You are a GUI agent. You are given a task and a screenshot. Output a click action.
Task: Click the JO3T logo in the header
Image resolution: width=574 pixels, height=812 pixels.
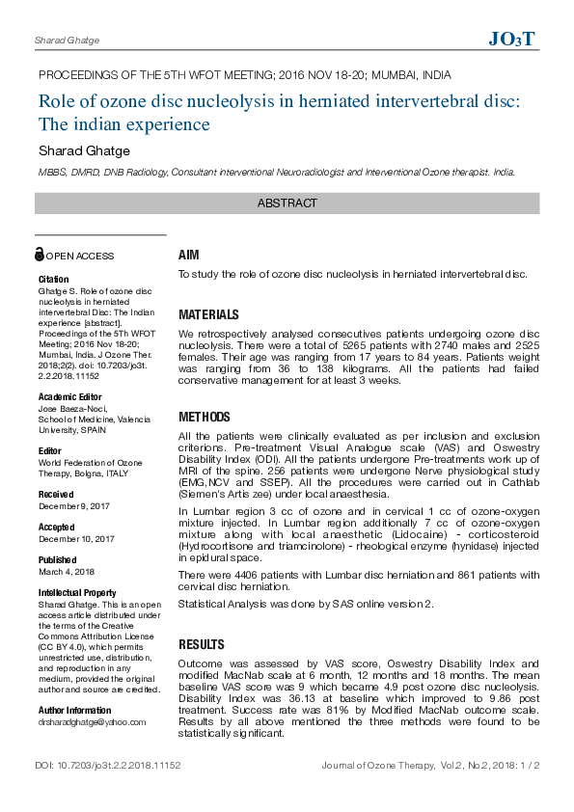(x=511, y=40)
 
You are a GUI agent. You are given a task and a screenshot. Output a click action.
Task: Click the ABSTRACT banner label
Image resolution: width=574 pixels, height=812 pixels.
(x=287, y=203)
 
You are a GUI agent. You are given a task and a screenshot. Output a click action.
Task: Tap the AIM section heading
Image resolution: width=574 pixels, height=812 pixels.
(x=188, y=256)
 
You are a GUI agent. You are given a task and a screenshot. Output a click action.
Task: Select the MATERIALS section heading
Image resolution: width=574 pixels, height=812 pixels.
(x=208, y=315)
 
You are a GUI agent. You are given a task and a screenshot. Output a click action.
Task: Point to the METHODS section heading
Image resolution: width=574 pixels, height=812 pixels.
(x=205, y=418)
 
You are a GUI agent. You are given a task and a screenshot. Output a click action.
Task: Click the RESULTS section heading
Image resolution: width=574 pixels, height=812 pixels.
(x=202, y=644)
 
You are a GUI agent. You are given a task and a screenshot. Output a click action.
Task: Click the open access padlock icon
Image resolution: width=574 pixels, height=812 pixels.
(x=40, y=255)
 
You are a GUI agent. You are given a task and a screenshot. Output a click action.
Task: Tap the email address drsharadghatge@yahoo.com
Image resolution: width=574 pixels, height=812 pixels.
(x=92, y=721)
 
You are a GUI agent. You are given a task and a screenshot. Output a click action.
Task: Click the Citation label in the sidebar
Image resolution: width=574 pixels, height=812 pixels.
(x=53, y=280)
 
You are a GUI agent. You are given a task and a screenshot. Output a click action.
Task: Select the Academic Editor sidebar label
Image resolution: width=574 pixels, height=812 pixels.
(x=69, y=397)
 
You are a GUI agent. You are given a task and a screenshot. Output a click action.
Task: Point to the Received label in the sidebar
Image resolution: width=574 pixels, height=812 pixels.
(x=56, y=494)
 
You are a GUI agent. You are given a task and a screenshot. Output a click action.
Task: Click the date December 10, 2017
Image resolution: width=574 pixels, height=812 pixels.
(x=76, y=539)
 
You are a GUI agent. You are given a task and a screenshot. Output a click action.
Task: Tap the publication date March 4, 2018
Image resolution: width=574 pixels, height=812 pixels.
(x=67, y=572)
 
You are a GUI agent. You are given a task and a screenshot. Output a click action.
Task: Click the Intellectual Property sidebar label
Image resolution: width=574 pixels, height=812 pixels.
(x=77, y=593)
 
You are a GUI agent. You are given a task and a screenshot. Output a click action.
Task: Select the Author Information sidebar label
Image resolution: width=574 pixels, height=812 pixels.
(x=74, y=711)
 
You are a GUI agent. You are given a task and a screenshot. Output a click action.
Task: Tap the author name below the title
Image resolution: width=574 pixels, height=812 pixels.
(x=84, y=150)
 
